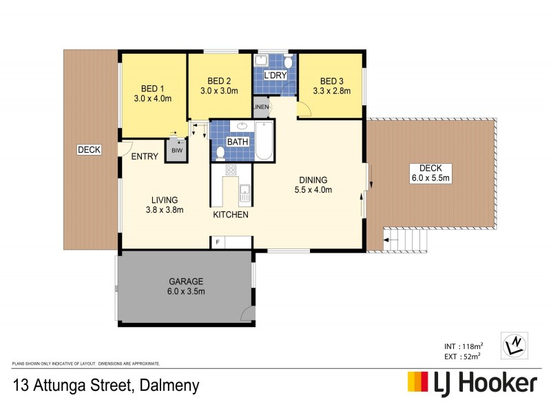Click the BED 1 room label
(x=152, y=89)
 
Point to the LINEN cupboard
(x=260, y=107)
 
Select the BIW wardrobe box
(x=176, y=150)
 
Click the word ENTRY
(x=145, y=156)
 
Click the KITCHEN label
(x=230, y=215)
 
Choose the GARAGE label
(x=186, y=282)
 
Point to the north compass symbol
(x=514, y=342)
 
